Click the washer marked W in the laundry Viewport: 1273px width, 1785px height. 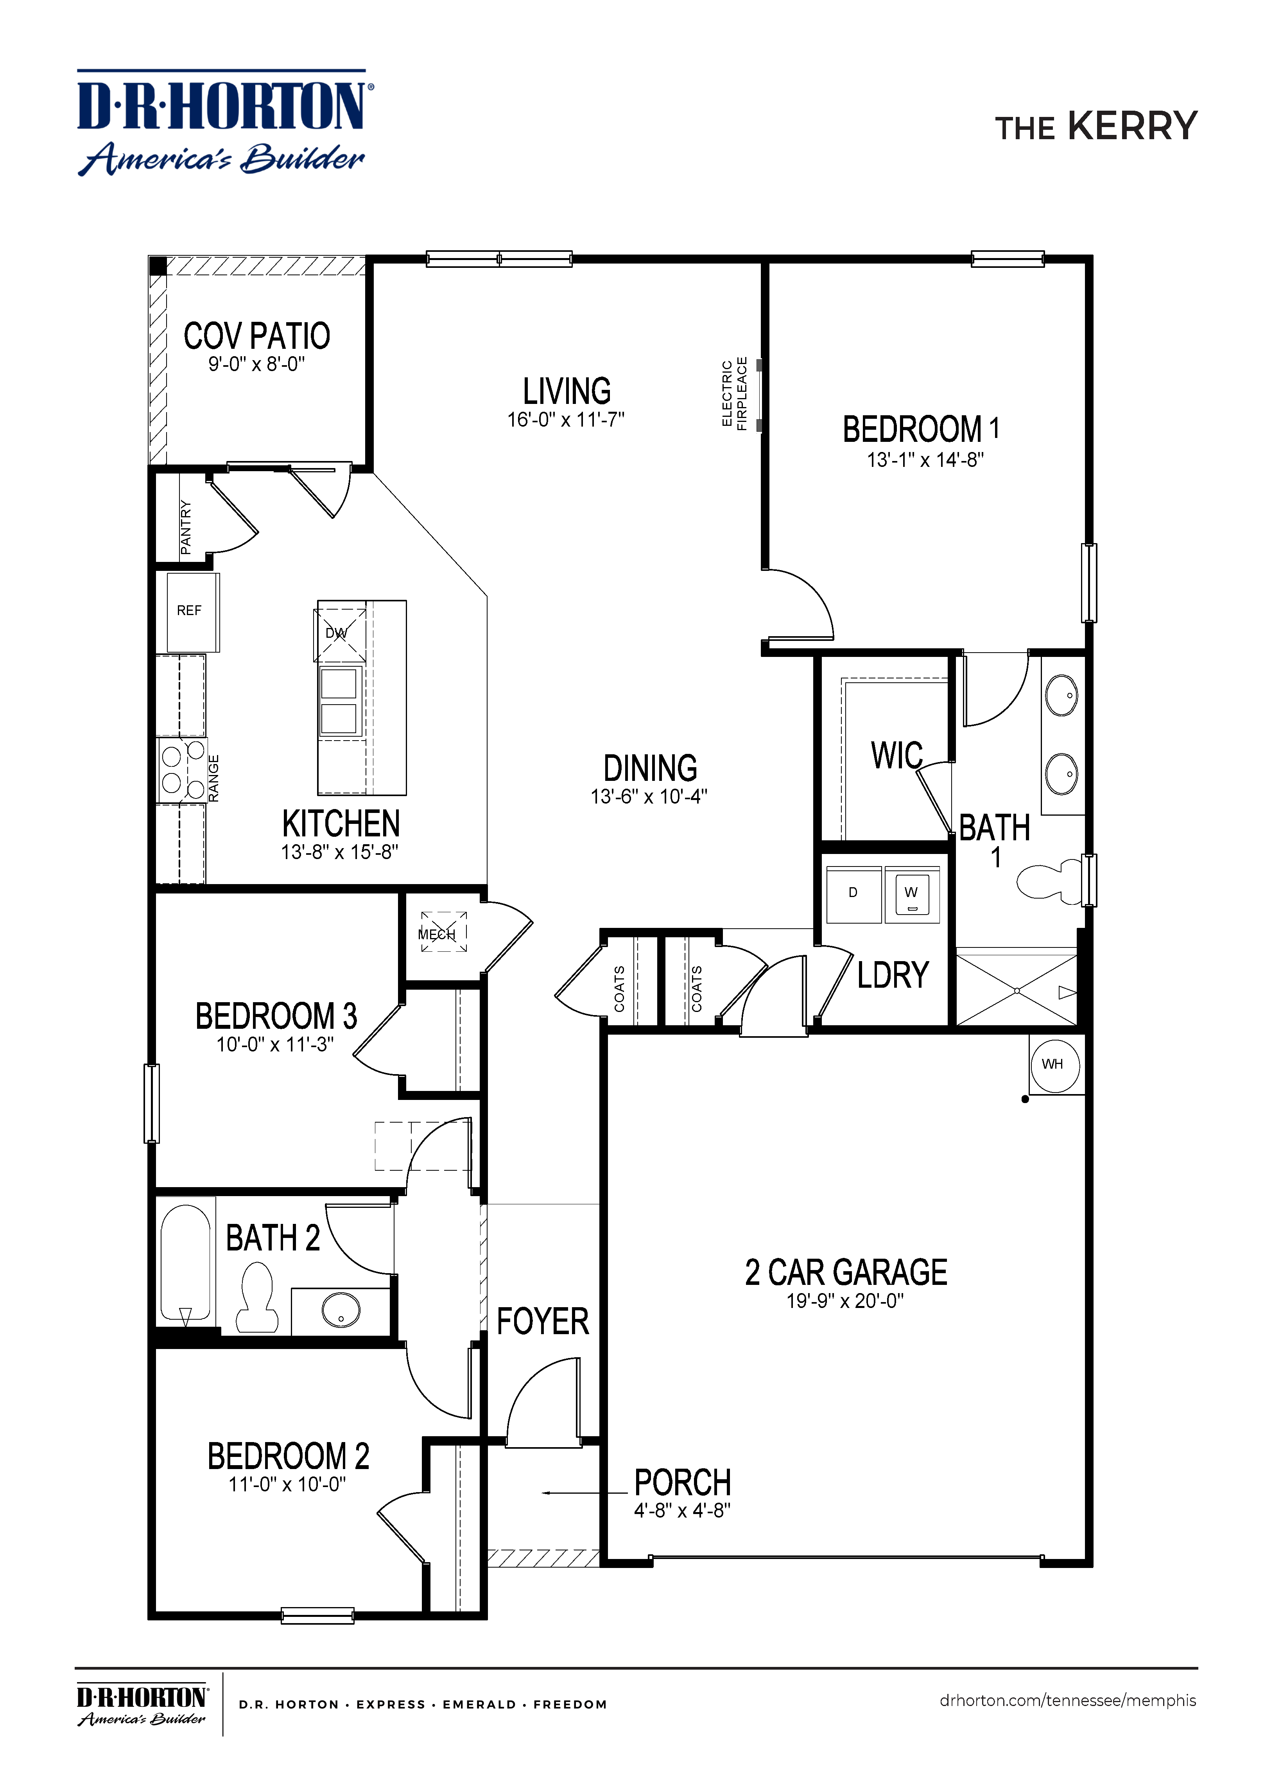click(x=912, y=894)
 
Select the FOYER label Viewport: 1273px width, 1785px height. click(x=542, y=1322)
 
